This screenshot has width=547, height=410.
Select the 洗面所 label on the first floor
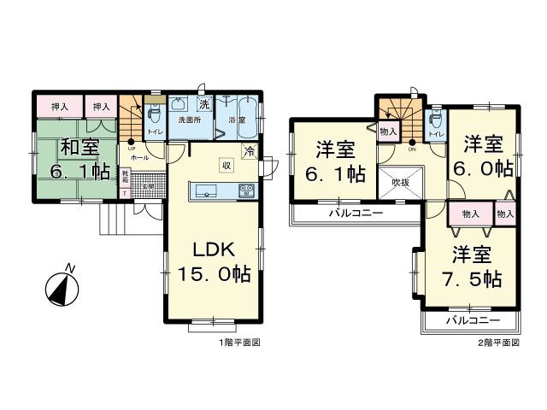tap(190, 121)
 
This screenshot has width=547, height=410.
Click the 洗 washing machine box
tap(205, 104)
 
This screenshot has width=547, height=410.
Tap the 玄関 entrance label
tap(147, 186)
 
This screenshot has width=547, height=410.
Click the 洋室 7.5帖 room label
tap(473, 266)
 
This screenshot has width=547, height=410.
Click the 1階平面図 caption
tap(238, 343)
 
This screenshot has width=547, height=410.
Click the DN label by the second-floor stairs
tap(413, 148)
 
